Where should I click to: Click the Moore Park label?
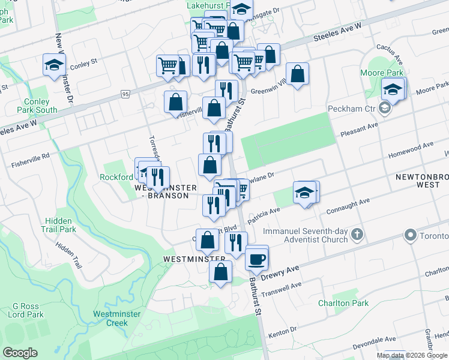coord(386,73)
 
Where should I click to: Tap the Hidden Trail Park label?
coord(59,225)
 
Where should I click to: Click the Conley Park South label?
coord(37,106)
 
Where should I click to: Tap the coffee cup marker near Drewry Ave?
coord(257,259)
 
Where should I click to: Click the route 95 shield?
coord(125,94)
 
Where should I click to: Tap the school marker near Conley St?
coord(54,65)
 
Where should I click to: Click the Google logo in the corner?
coord(20,352)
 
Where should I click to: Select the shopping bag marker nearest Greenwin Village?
coord(297,75)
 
